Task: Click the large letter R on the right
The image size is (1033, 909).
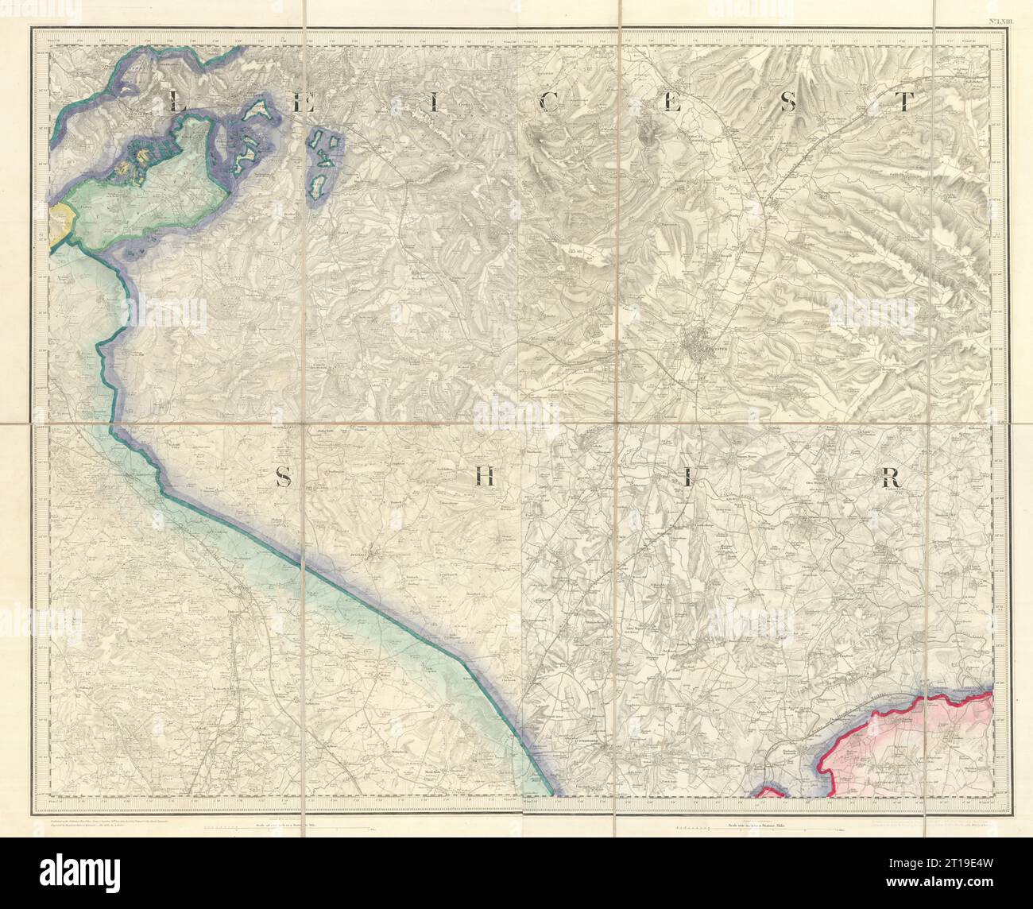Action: tap(888, 477)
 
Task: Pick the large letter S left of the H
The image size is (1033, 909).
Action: tap(282, 477)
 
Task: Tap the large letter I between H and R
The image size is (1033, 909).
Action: tap(689, 477)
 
